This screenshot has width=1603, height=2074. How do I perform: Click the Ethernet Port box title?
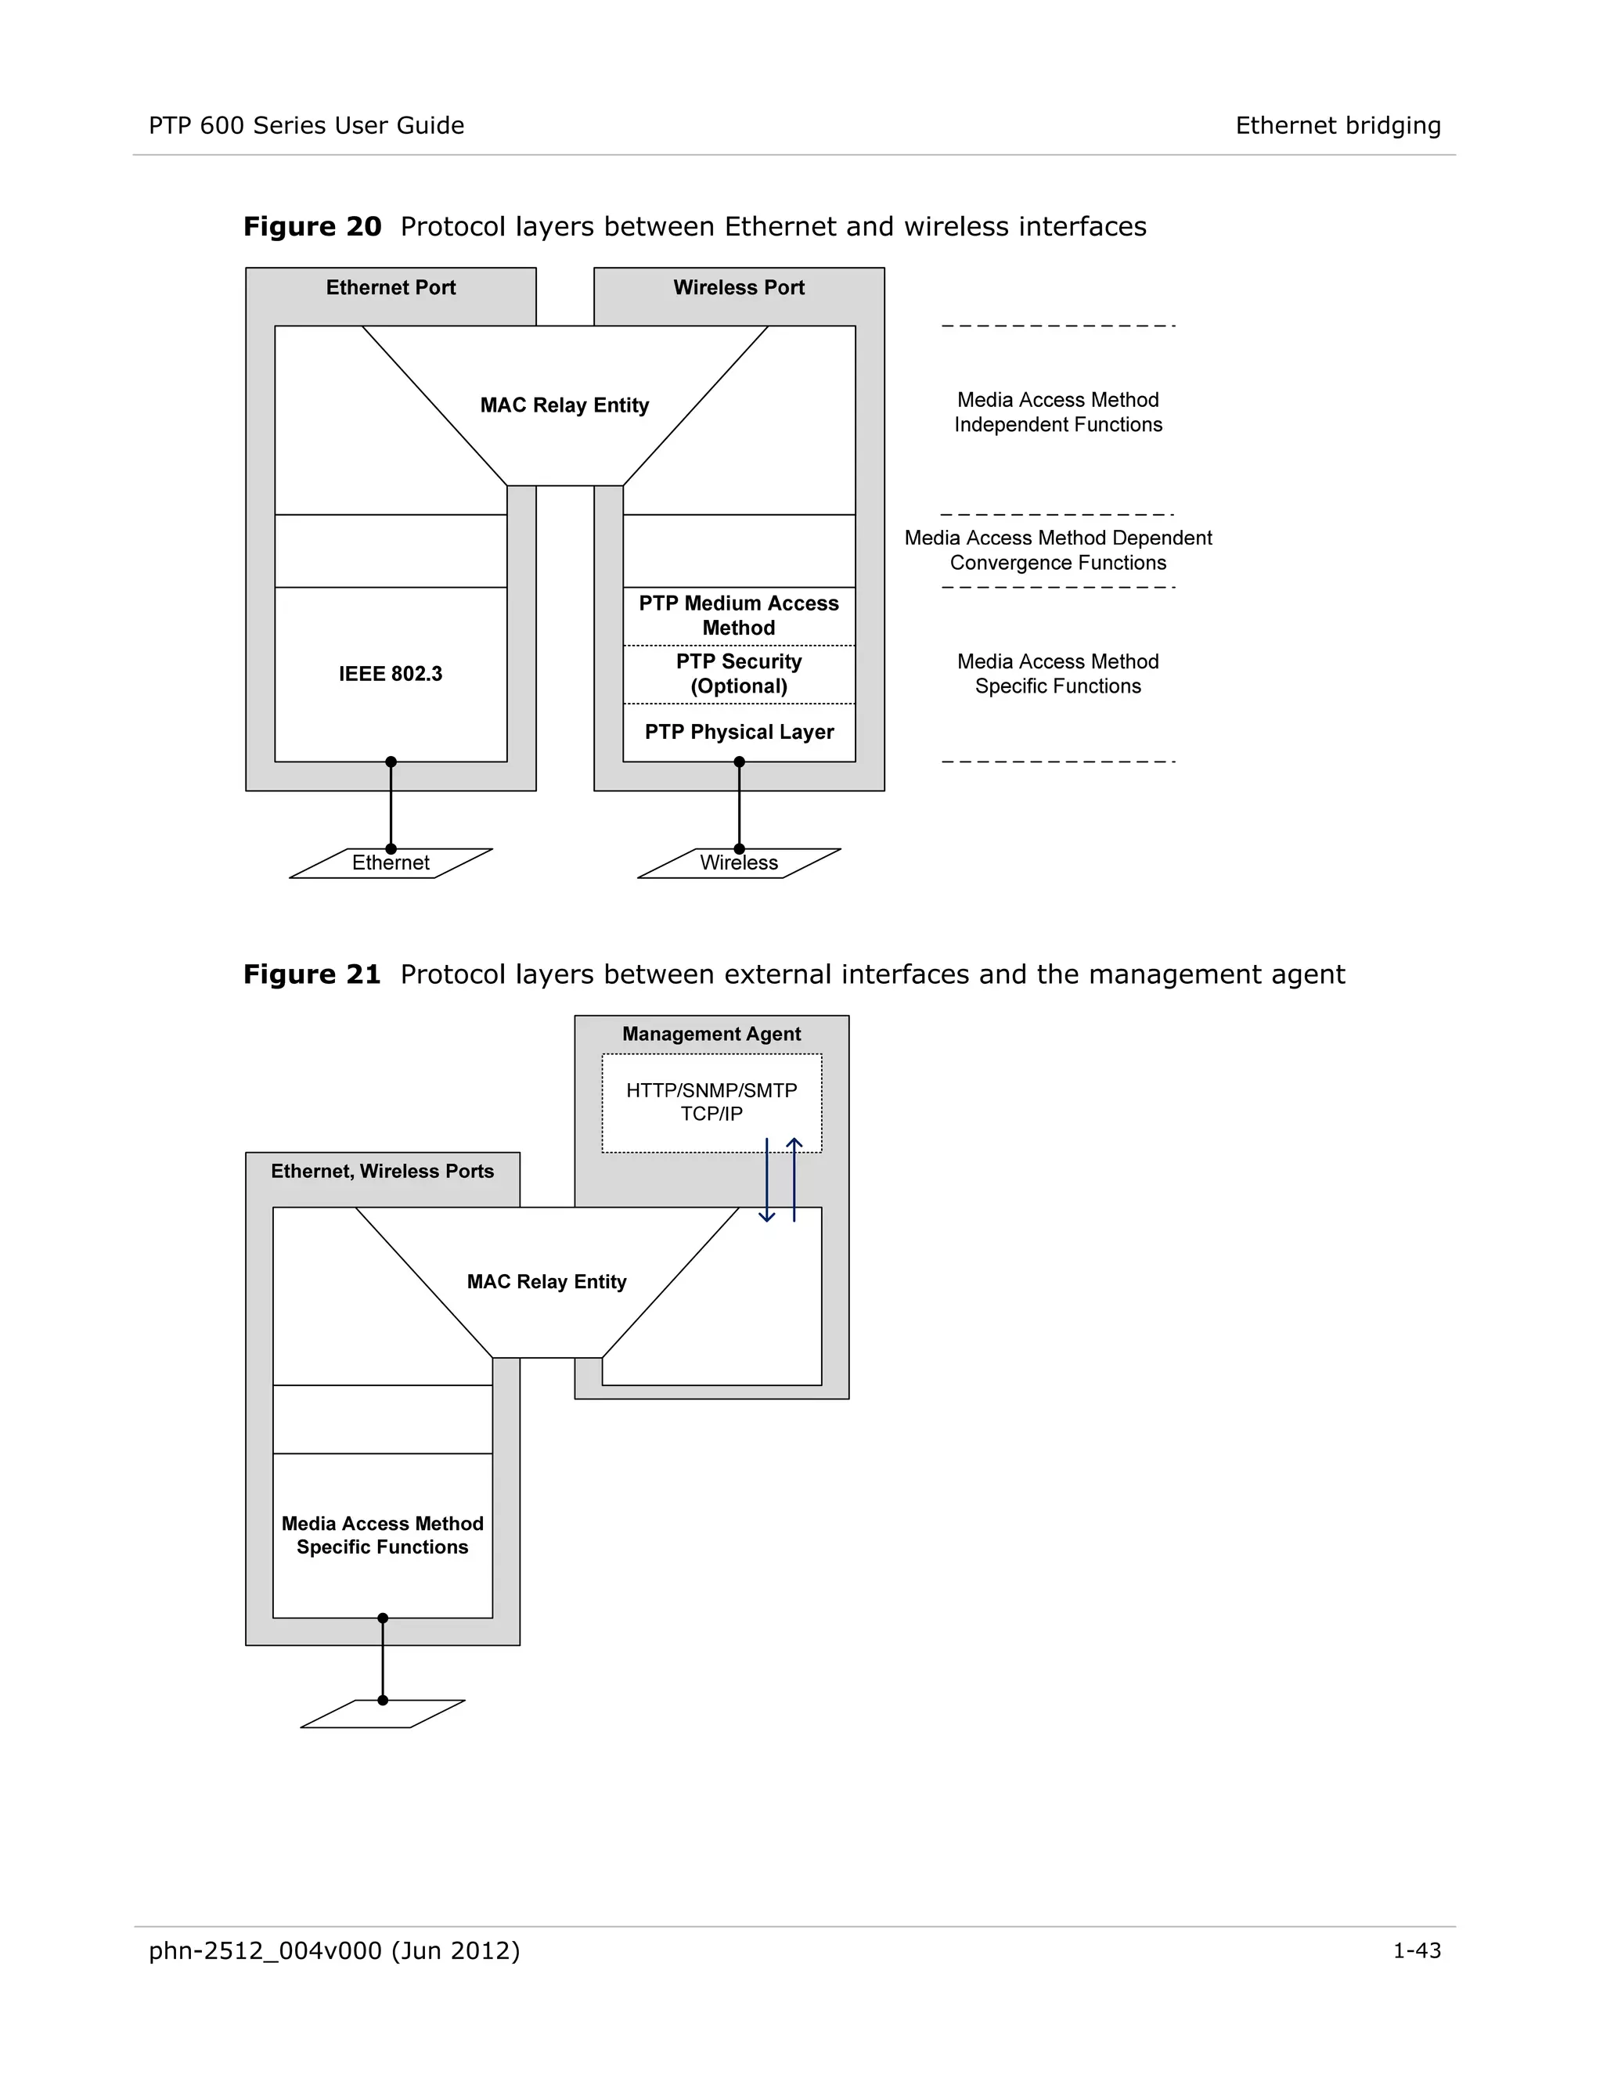click(x=391, y=288)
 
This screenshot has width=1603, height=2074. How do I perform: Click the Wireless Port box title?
click(x=739, y=288)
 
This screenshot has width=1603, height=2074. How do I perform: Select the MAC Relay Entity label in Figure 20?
click(x=564, y=405)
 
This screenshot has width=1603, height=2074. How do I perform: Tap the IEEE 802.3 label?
click(x=391, y=674)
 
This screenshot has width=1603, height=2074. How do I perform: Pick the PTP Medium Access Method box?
click(x=739, y=616)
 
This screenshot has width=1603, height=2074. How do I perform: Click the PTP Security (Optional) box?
click(x=739, y=674)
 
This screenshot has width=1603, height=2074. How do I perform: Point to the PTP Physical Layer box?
click(x=739, y=733)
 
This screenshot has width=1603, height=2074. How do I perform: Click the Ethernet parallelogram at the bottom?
click(x=391, y=863)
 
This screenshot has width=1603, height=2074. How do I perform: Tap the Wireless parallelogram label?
click(x=739, y=863)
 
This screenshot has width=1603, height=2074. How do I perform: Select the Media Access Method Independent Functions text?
click(x=1058, y=412)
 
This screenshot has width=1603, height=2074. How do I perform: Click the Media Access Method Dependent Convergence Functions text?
click(x=1058, y=551)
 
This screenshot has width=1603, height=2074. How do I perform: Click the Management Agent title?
click(x=711, y=1034)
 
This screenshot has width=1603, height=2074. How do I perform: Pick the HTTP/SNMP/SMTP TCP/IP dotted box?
click(x=711, y=1103)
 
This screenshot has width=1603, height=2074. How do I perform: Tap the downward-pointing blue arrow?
click(x=766, y=1180)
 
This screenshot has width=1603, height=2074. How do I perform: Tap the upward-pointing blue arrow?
click(x=794, y=1180)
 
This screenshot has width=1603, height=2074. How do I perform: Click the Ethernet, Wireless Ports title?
click(x=382, y=1172)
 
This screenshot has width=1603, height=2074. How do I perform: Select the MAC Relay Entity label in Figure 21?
click(x=546, y=1282)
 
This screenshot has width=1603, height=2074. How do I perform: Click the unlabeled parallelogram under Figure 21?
click(x=383, y=1715)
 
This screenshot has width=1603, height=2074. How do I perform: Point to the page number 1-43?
click(x=1416, y=1951)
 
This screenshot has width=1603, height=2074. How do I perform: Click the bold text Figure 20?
click(x=312, y=227)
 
